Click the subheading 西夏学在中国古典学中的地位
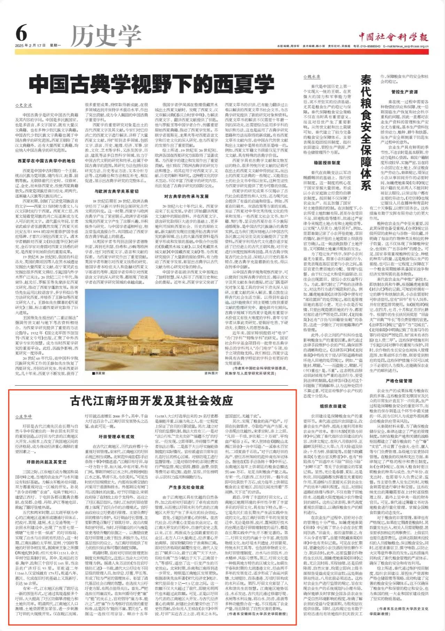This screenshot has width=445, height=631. [47, 161]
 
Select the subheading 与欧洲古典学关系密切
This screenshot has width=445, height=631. [116, 191]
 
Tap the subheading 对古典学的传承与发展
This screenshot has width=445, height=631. [186, 196]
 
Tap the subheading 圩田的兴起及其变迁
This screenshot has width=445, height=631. [47, 462]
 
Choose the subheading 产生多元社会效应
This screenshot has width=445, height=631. [186, 487]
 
